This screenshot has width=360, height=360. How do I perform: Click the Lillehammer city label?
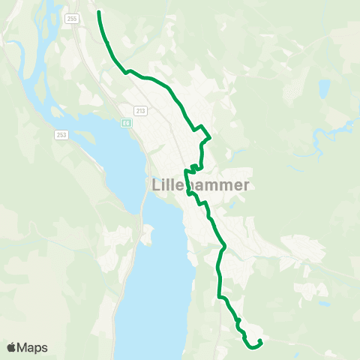pyautogui.click(x=190, y=184)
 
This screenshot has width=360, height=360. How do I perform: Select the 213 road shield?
pyautogui.click(x=141, y=110)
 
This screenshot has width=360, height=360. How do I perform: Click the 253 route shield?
pyautogui.click(x=61, y=134)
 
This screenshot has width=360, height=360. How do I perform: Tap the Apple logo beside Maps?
pyautogui.click(x=12, y=347)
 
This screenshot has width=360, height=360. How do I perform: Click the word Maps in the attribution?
pyautogui.click(x=32, y=347)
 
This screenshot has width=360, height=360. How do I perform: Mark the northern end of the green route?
pyautogui.click(x=99, y=12)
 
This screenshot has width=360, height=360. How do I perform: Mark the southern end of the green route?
pyautogui.click(x=259, y=341)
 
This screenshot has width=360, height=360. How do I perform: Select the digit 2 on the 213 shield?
pyautogui.click(x=137, y=110)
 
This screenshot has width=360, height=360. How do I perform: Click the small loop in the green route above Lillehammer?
pyautogui.click(x=194, y=166)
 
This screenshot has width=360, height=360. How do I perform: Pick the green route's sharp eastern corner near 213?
pyautogui.click(x=211, y=138)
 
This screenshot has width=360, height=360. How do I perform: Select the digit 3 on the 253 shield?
pyautogui.click(x=64, y=134)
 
